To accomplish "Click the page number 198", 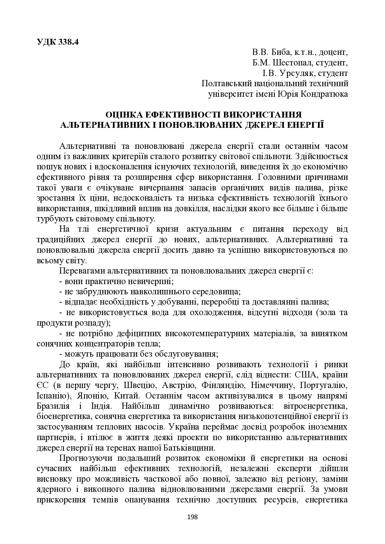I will pyautogui.click(x=193, y=517).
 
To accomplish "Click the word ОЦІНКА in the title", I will pyautogui.click(x=124, y=115).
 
